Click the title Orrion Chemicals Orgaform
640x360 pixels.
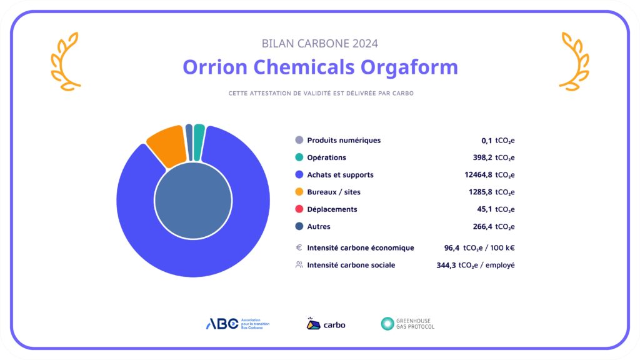point(320,67)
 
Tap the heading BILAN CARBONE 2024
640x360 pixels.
point(320,44)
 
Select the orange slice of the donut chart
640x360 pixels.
point(166,146)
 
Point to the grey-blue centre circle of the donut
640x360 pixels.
point(192,201)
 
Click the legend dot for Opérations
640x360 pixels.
point(299,157)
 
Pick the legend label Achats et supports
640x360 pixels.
point(340,175)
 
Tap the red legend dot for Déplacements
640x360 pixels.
point(299,209)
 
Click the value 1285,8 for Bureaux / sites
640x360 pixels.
point(479,192)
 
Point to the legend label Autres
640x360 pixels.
point(319,226)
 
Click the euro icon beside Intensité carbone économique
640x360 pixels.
point(299,247)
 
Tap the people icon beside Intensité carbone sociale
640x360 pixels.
point(299,265)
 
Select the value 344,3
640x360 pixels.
point(446,265)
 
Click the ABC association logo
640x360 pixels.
point(237,324)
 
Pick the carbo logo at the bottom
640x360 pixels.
point(326,324)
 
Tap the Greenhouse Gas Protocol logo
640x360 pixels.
point(407,324)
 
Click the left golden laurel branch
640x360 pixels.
point(66,61)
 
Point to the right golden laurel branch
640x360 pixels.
point(574,61)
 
